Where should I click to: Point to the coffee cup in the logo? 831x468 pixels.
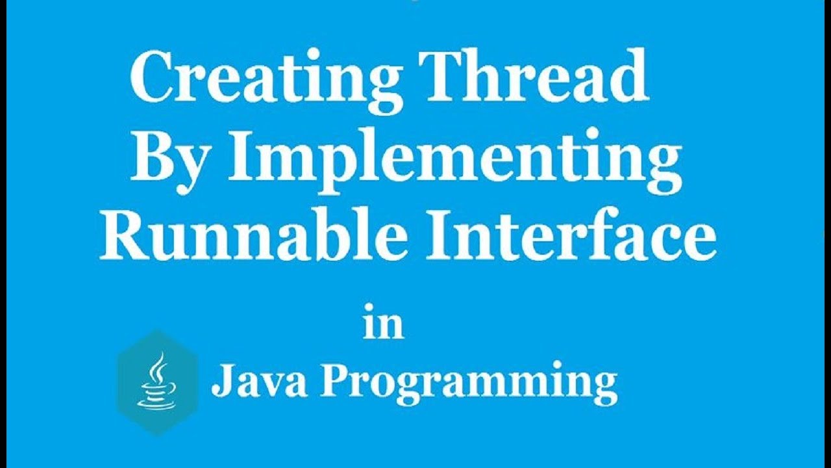pyautogui.click(x=155, y=394)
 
